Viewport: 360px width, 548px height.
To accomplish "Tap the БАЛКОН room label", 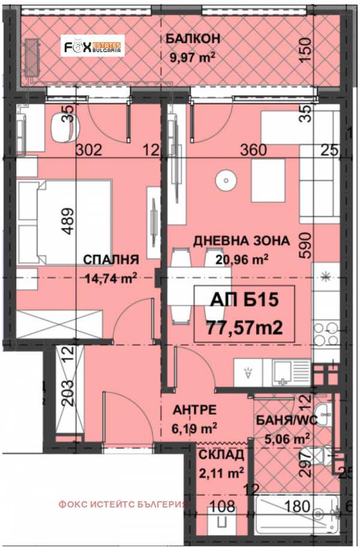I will tap(194, 39).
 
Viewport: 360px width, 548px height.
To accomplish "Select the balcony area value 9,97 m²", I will tap(193, 58).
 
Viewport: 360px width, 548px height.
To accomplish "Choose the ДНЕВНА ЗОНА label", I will tap(241, 241).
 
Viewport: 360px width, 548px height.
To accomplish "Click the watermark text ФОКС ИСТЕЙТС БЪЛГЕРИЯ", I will tap(123, 504).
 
